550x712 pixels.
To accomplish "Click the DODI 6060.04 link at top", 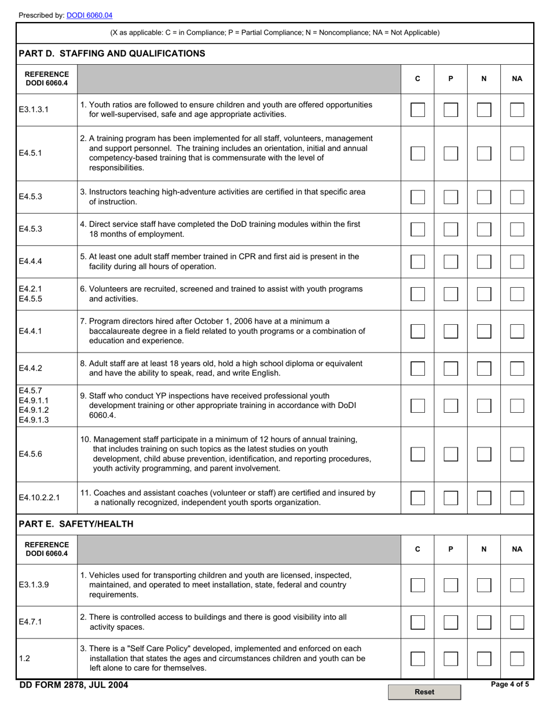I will click(x=89, y=16).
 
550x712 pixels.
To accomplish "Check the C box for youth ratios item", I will click(x=417, y=109).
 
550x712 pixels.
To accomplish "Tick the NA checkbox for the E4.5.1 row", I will click(x=517, y=153).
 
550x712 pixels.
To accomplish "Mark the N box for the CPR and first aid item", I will click(x=484, y=262).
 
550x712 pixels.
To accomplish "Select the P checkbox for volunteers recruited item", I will click(x=450, y=294).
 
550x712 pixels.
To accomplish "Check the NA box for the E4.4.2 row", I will click(x=517, y=368).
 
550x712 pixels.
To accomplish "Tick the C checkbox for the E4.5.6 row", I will click(x=417, y=454).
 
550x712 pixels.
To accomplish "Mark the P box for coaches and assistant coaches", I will click(x=450, y=498).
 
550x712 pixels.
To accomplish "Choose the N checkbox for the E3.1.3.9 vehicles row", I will click(x=484, y=585).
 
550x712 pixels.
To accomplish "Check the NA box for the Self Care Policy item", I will click(x=517, y=658).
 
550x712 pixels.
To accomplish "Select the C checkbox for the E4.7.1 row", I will click(x=417, y=622).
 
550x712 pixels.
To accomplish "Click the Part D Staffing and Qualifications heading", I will click(x=112, y=54).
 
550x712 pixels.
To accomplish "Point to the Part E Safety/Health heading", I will click(x=76, y=524).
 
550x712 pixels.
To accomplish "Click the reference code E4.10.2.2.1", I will click(x=43, y=498).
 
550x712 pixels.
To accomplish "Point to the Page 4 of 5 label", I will click(x=509, y=684).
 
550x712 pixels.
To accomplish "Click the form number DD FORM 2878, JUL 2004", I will click(x=74, y=685).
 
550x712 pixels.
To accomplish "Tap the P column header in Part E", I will click(x=450, y=549).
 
